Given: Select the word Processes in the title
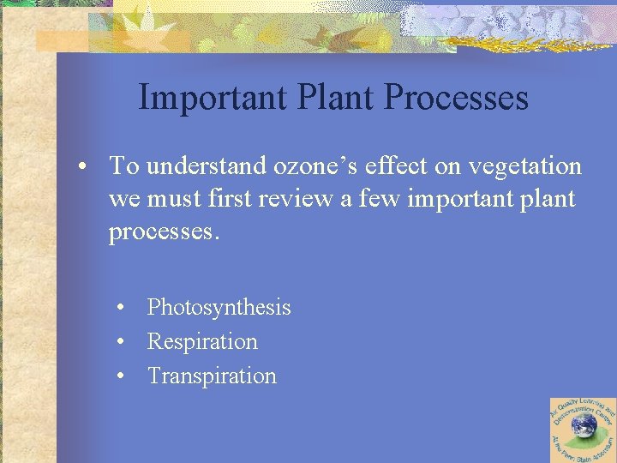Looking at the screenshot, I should pyautogui.click(x=456, y=98).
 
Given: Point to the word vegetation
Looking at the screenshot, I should pyautogui.click(x=527, y=165).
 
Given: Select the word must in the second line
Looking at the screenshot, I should pyautogui.click(x=172, y=199).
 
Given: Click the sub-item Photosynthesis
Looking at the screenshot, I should pyautogui.click(x=219, y=307).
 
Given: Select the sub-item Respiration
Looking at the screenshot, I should pyautogui.click(x=202, y=341).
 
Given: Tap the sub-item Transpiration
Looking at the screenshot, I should pyautogui.click(x=212, y=376).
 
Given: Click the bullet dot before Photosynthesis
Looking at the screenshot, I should pyautogui.click(x=123, y=307).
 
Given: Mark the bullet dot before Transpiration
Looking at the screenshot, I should pyautogui.click(x=123, y=376).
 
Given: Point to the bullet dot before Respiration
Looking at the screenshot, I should pyautogui.click(x=123, y=341).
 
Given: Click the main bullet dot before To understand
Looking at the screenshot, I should pyautogui.click(x=86, y=166).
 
